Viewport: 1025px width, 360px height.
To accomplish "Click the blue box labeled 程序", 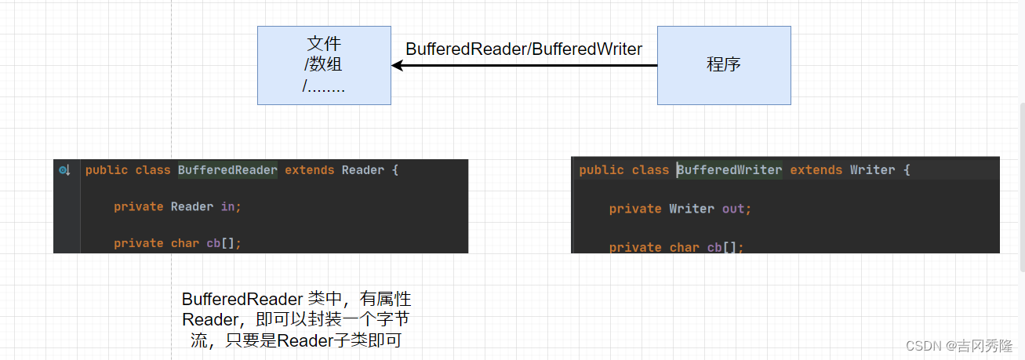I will click(723, 65).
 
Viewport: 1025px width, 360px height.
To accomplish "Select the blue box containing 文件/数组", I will click(324, 65).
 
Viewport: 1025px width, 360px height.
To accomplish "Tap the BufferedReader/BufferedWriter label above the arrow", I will click(524, 49).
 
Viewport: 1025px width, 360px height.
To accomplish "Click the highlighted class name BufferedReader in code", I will click(227, 170).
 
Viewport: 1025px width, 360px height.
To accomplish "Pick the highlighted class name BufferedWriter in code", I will click(729, 170).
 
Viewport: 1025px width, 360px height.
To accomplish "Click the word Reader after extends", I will click(363, 170).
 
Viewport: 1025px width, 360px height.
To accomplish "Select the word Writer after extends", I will click(872, 170).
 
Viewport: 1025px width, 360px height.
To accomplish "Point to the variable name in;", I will click(230, 207).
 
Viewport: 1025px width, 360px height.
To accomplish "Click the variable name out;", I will click(736, 209).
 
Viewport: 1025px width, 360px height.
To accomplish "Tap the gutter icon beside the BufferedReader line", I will click(64, 170).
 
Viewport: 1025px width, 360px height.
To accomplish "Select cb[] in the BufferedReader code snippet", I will click(223, 243).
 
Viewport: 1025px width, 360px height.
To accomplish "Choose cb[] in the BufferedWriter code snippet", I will click(725, 247).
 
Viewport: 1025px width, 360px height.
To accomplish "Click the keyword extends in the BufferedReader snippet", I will click(309, 170).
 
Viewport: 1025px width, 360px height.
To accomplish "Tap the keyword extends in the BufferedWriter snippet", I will click(816, 170).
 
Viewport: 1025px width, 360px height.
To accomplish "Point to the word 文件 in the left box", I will click(324, 44).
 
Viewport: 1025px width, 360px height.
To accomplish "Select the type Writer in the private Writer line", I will click(691, 209).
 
